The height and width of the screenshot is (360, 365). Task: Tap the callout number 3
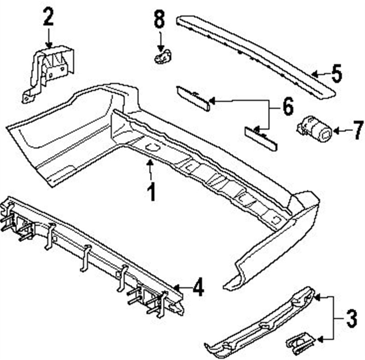click(x=350, y=318)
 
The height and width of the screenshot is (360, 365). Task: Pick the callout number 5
click(x=336, y=73)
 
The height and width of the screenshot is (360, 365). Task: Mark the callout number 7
click(x=357, y=130)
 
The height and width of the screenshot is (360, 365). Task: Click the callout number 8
click(x=159, y=20)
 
